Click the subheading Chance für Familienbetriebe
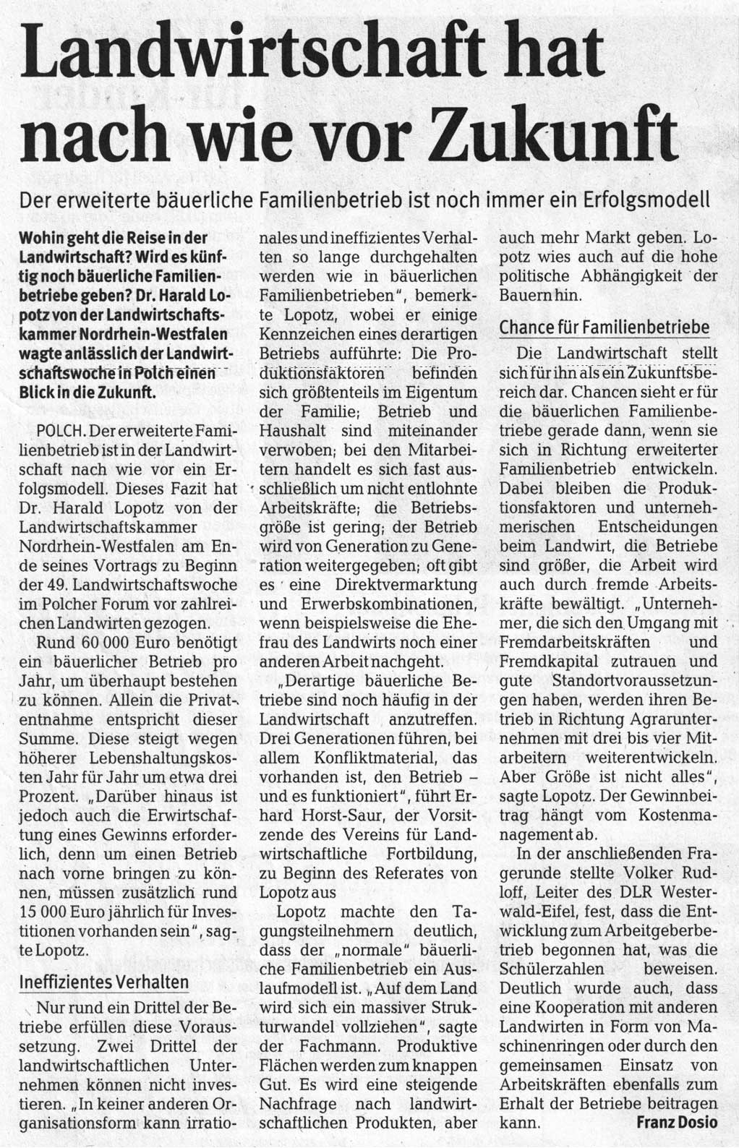tap(605, 327)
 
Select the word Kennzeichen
tap(307, 334)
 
